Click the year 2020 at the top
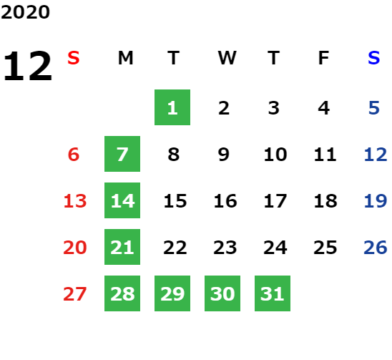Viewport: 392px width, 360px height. tap(25, 12)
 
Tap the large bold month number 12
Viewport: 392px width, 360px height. tap(27, 66)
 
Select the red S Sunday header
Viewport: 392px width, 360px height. tap(74, 58)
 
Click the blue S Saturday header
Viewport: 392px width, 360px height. tap(373, 58)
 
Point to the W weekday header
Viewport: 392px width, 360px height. tap(227, 58)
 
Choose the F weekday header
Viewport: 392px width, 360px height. tap(323, 58)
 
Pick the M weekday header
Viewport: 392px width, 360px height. tap(125, 58)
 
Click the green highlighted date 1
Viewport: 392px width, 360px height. tap(172, 107)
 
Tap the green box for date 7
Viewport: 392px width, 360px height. tap(122, 154)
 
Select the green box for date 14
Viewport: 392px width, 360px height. tap(122, 200)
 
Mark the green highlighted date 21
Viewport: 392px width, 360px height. tap(122, 247)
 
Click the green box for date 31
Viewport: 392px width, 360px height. tap(273, 293)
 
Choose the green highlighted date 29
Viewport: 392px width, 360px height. tap(172, 293)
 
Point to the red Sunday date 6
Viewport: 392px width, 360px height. tap(74, 155)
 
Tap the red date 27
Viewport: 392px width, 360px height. tap(74, 294)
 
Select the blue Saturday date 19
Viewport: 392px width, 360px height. tap(376, 201)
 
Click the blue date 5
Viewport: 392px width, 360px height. tap(374, 108)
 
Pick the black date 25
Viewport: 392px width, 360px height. tap(325, 248)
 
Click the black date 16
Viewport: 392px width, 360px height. tap(225, 201)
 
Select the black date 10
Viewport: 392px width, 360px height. tap(275, 155)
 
